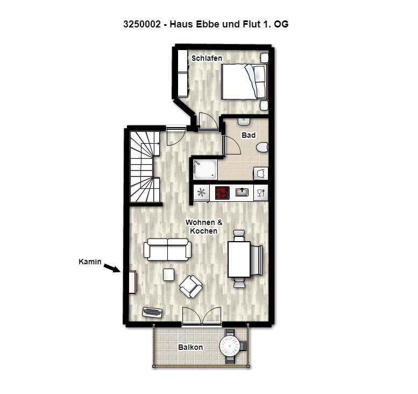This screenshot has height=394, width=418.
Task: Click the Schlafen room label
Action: click(x=207, y=58)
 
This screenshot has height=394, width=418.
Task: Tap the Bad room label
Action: click(x=249, y=135)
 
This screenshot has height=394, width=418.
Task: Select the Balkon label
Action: click(x=190, y=347)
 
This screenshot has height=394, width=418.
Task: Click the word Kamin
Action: click(x=90, y=262)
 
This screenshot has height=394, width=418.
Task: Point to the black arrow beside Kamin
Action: click(x=112, y=268)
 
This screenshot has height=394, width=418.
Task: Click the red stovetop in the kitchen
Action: click(x=222, y=193)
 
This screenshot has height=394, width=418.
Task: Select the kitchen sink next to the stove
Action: click(x=242, y=192)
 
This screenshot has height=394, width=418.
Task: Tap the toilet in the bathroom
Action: click(x=263, y=147)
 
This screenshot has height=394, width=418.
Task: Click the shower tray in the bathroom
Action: click(x=205, y=170)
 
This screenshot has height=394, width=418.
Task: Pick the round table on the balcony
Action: click(x=230, y=346)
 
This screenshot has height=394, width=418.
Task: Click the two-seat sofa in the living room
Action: click(x=167, y=250)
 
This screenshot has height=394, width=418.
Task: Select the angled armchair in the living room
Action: click(x=190, y=286)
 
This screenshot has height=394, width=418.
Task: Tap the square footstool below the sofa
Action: click(x=168, y=275)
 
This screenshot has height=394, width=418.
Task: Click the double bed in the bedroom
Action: click(x=244, y=82)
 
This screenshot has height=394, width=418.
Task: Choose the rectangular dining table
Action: click(x=239, y=259)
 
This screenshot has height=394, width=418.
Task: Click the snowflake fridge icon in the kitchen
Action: click(x=202, y=193)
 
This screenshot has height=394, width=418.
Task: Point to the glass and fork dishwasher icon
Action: click(x=261, y=193)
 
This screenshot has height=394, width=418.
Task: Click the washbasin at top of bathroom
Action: click(x=243, y=122)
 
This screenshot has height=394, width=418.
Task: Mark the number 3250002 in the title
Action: click(x=142, y=24)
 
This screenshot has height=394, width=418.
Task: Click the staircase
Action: click(x=145, y=167)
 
